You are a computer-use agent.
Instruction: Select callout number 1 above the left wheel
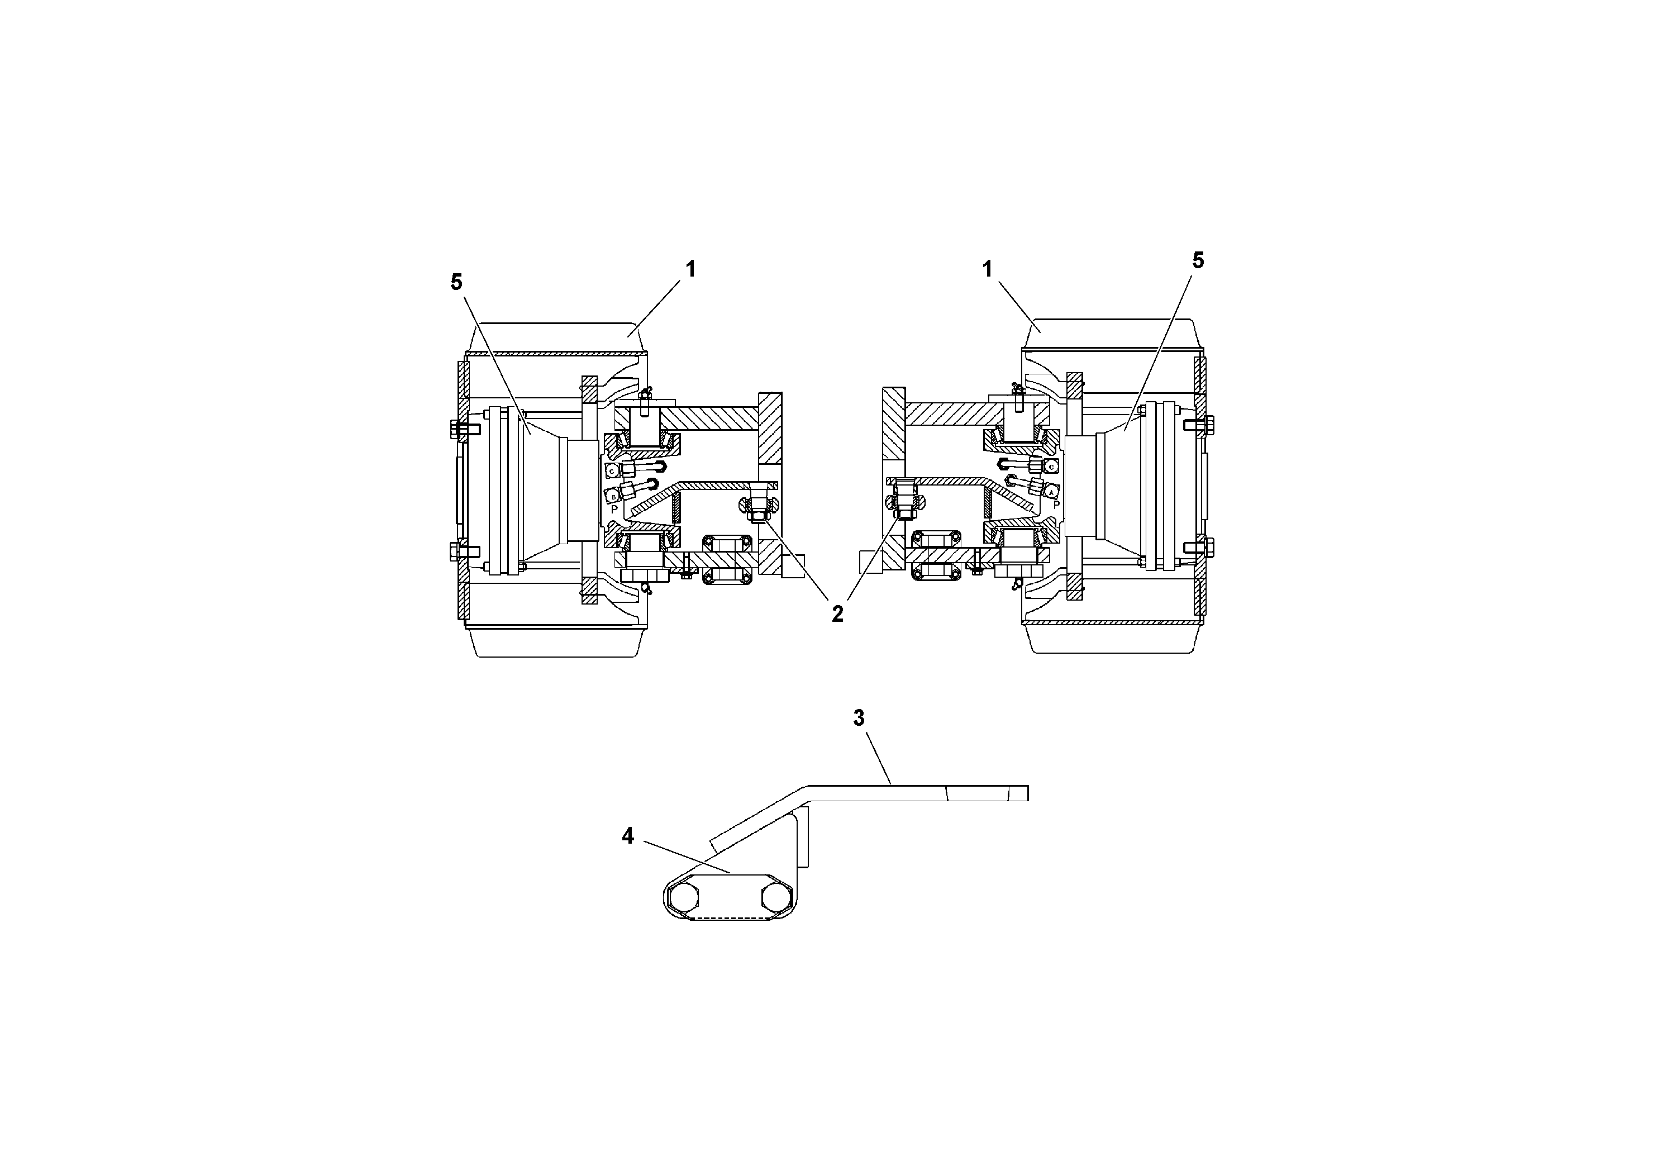click(690, 269)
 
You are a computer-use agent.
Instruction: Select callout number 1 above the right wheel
click(987, 269)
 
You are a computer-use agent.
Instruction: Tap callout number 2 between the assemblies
click(837, 614)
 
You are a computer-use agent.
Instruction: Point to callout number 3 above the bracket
click(859, 718)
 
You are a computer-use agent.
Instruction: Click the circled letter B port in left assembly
click(613, 497)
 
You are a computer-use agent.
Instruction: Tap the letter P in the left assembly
click(614, 509)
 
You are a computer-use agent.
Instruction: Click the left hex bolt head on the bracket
click(683, 898)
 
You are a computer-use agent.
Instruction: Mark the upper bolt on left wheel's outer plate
click(464, 429)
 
